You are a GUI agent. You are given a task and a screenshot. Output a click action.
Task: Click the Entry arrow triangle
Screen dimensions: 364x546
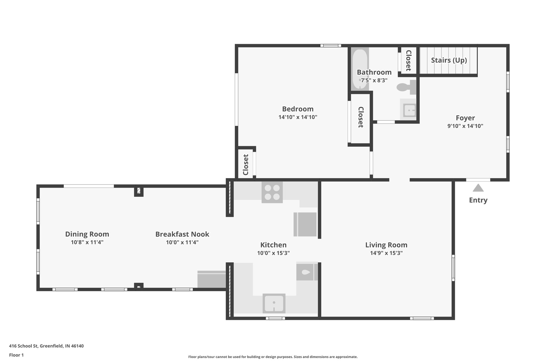click(478, 188)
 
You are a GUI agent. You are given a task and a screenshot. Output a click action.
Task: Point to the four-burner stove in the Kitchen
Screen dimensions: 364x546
click(272, 192)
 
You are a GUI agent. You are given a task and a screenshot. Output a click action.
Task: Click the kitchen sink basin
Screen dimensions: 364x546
click(274, 303)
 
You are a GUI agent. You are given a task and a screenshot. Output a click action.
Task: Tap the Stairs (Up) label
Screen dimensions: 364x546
click(449, 60)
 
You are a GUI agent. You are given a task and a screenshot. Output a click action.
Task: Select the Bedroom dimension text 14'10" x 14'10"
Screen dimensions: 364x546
click(298, 117)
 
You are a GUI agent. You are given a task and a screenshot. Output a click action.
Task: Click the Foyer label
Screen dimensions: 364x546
click(465, 118)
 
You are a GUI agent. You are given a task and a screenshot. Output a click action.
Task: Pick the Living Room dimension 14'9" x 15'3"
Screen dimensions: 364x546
click(386, 253)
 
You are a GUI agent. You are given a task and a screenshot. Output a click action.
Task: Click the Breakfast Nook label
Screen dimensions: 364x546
click(182, 234)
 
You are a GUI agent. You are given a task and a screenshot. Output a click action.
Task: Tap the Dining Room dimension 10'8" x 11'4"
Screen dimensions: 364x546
click(87, 242)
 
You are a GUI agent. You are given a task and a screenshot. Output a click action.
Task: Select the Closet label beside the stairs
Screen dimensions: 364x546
click(408, 61)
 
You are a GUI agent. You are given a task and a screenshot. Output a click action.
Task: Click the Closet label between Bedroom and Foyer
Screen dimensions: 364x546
click(360, 117)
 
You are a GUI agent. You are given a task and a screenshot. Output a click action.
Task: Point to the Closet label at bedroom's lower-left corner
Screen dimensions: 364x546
click(246, 165)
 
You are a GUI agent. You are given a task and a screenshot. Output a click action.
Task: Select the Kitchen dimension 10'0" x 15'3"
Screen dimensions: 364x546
click(273, 253)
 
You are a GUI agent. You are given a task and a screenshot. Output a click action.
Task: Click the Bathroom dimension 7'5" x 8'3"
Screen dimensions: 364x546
click(374, 80)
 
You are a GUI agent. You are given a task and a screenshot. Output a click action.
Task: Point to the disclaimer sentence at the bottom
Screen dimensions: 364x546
click(273, 357)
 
